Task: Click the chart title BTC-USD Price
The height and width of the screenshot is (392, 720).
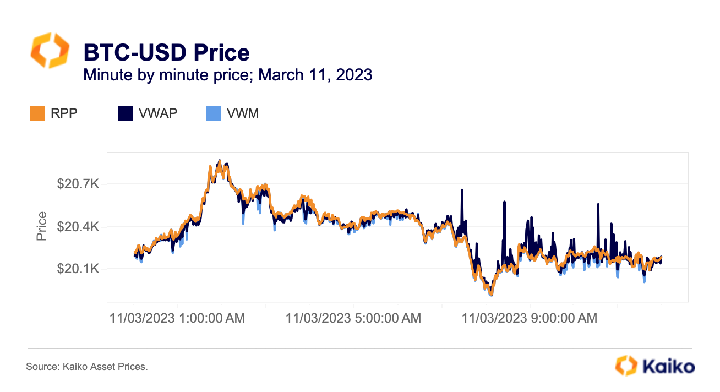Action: (x=166, y=52)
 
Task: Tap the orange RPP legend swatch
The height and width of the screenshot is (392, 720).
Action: (x=36, y=113)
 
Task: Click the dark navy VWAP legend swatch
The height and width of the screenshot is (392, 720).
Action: (x=125, y=113)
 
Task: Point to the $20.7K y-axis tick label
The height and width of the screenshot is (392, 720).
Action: (x=78, y=184)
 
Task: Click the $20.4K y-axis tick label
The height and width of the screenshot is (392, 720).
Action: (x=78, y=226)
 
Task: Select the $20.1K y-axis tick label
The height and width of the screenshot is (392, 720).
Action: (x=78, y=269)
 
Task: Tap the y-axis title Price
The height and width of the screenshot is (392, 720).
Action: (x=41, y=226)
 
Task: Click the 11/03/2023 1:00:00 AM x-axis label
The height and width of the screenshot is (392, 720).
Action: (x=177, y=318)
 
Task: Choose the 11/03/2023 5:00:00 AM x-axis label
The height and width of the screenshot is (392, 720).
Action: (x=353, y=318)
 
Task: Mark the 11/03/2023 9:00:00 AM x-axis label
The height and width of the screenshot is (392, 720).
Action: (x=529, y=318)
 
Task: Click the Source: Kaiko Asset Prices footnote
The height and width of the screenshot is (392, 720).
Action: (x=87, y=366)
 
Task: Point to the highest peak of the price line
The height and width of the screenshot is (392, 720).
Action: (x=220, y=161)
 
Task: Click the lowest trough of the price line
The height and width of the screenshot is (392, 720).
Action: (x=490, y=295)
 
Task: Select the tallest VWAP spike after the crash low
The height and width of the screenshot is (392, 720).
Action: (x=503, y=202)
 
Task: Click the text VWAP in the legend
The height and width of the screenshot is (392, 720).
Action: (x=159, y=113)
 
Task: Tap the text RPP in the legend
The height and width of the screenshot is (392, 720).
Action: (x=65, y=113)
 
